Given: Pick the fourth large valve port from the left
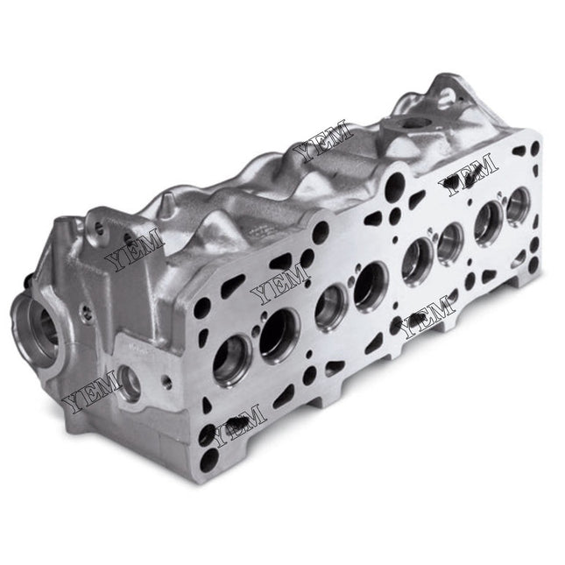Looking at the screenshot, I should coord(371,286).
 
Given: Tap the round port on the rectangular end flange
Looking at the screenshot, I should coord(128,382).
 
